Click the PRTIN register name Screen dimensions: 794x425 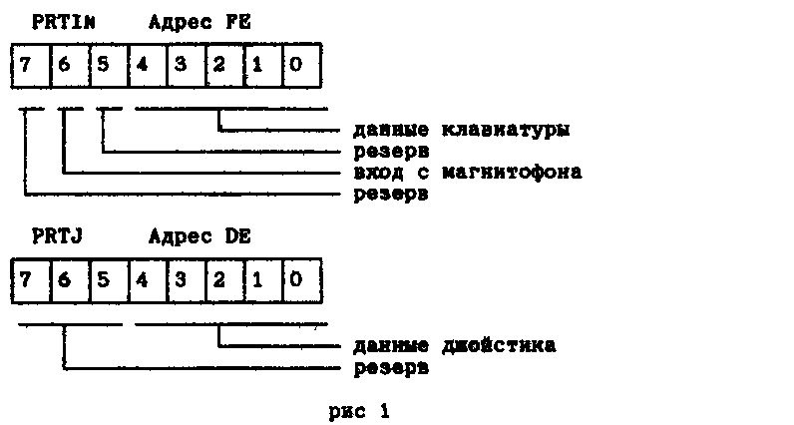pyautogui.click(x=64, y=22)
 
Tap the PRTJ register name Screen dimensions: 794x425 pyautogui.click(x=57, y=236)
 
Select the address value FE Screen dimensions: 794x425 pyautogui.click(x=238, y=22)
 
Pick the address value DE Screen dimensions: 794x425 pyautogui.click(x=238, y=236)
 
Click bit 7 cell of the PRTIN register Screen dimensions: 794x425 pyautogui.click(x=31, y=65)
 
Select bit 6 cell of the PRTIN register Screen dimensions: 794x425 pyautogui.click(x=71, y=65)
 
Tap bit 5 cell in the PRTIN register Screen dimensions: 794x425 pyautogui.click(x=109, y=65)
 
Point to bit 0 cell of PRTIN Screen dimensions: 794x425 pyautogui.click(x=302, y=65)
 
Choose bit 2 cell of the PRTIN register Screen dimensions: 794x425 pyautogui.click(x=224, y=65)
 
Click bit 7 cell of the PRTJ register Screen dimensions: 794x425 pyautogui.click(x=31, y=280)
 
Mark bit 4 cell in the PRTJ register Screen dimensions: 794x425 pyautogui.click(x=148, y=280)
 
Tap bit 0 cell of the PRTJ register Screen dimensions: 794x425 pyautogui.click(x=302, y=280)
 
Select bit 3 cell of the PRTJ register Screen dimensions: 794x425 pyautogui.click(x=186, y=280)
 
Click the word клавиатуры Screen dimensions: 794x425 pyautogui.click(x=506, y=130)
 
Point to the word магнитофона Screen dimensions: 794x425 pyautogui.click(x=512, y=173)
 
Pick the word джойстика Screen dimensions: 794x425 pyautogui.click(x=499, y=345)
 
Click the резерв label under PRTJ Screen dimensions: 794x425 pyautogui.click(x=391, y=368)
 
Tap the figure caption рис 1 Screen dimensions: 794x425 pyautogui.click(x=359, y=411)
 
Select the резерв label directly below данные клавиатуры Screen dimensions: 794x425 pyautogui.click(x=391, y=152)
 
